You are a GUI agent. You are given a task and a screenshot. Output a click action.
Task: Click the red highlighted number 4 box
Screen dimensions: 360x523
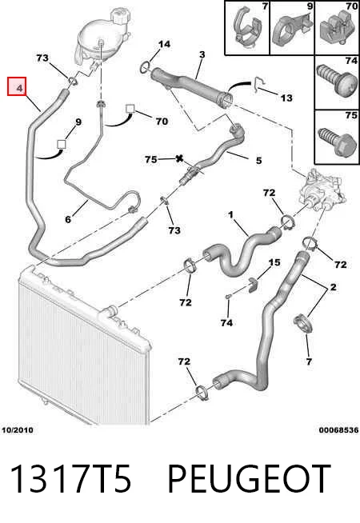(17, 86)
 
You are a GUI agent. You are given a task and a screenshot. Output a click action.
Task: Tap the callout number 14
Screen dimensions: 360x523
(164, 44)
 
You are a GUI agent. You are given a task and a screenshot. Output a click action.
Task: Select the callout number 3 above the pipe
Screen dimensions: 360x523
(202, 54)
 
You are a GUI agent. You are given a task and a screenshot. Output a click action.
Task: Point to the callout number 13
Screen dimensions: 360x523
(286, 98)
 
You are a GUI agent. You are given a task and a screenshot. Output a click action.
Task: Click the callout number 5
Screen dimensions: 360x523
(258, 161)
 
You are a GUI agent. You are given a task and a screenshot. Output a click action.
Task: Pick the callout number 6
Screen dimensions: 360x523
(68, 219)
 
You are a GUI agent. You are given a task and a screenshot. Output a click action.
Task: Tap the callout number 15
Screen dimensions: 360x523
(274, 262)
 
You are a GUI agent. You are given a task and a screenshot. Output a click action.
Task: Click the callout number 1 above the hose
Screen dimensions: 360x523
(230, 215)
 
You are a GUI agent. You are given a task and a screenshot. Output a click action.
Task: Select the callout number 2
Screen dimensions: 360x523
(333, 287)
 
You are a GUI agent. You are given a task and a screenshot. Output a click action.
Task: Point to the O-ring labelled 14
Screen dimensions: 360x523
(144, 67)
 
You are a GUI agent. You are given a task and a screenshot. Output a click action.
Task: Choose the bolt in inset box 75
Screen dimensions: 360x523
(335, 142)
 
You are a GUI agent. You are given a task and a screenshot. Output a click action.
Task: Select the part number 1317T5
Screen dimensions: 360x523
(70, 479)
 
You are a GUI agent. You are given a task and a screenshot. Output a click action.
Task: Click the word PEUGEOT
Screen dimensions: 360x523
(249, 479)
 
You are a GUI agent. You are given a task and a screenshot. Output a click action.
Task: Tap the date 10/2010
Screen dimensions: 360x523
(18, 430)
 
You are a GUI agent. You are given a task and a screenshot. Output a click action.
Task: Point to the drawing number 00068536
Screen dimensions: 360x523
(338, 430)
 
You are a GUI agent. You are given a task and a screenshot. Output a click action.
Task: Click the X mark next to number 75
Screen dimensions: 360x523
(179, 159)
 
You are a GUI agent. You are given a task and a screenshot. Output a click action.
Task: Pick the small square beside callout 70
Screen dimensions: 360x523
(130, 109)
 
